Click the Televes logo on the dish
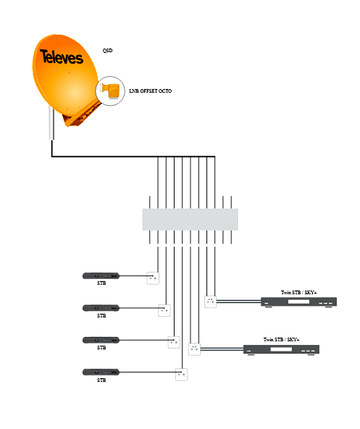(x=62, y=57)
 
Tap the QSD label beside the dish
(x=107, y=50)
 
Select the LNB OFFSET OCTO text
(x=150, y=91)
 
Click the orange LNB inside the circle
(x=110, y=91)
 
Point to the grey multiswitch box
(x=190, y=219)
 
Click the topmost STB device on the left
(x=101, y=276)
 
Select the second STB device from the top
(x=101, y=308)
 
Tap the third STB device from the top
(x=101, y=340)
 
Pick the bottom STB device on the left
(x=101, y=372)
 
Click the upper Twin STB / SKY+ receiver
(x=299, y=302)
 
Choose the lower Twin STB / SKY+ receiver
(x=281, y=350)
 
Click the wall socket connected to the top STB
(x=153, y=278)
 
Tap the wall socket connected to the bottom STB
(x=181, y=374)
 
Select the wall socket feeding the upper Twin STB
(x=211, y=302)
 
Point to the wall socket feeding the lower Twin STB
(x=194, y=350)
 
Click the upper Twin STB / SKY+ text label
(x=299, y=292)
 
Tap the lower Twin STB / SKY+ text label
(x=281, y=339)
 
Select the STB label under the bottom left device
(x=102, y=380)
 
